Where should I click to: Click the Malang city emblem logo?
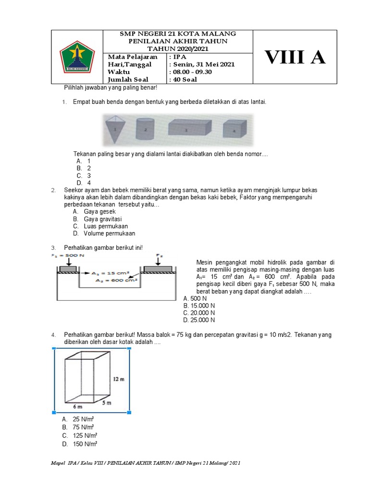tap(77, 57)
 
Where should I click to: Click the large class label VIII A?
tap(295, 57)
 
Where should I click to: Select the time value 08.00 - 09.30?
tap(192, 72)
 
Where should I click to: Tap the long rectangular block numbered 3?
tap(189, 128)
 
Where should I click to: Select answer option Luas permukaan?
tap(106, 226)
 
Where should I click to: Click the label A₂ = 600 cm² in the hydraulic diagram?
tap(117, 281)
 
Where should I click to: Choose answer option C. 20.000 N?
tap(199, 313)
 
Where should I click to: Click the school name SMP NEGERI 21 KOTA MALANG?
tap(178, 34)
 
